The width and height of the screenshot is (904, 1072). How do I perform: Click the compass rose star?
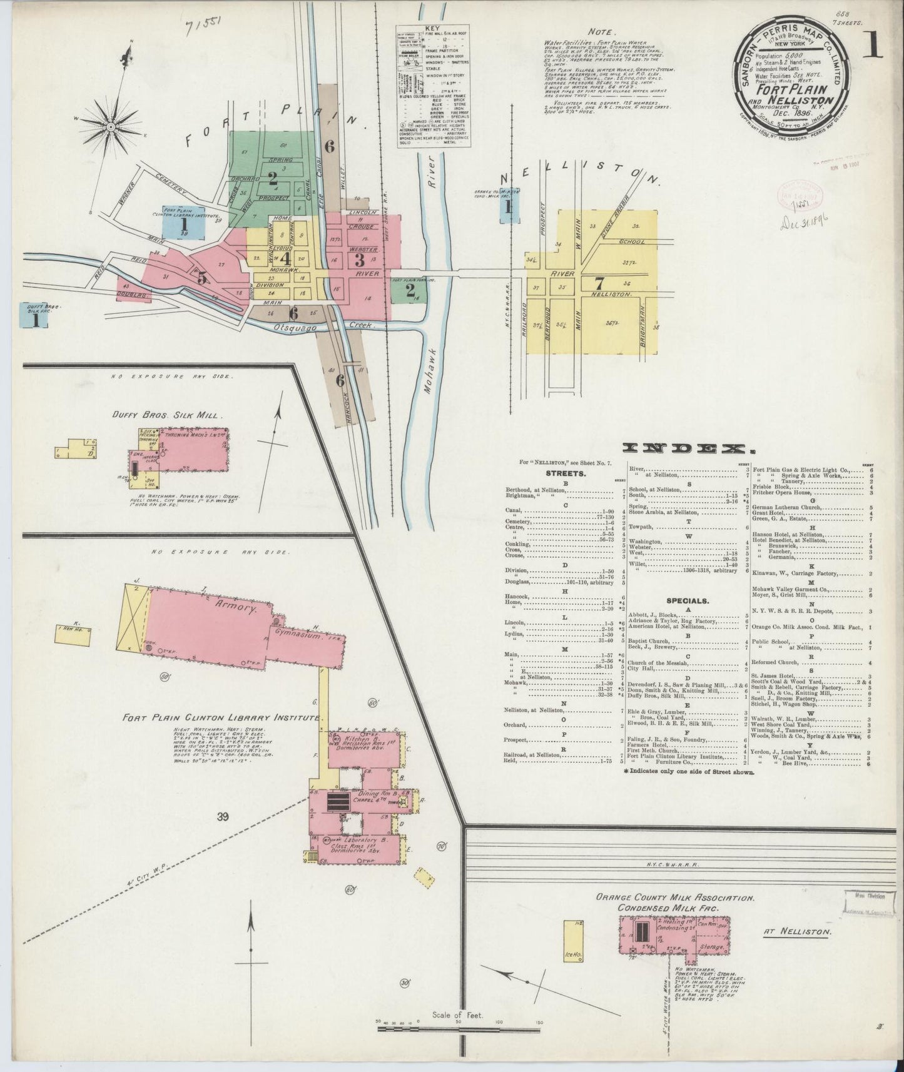coord(110,127)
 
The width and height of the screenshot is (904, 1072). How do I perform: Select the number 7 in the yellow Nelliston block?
coord(599,281)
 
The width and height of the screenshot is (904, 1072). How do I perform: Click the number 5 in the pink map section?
coord(201,278)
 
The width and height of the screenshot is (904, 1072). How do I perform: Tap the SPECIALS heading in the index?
coord(687,600)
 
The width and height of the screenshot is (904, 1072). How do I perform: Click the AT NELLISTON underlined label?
coord(797,931)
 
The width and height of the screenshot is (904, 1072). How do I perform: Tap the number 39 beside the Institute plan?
coord(223,816)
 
